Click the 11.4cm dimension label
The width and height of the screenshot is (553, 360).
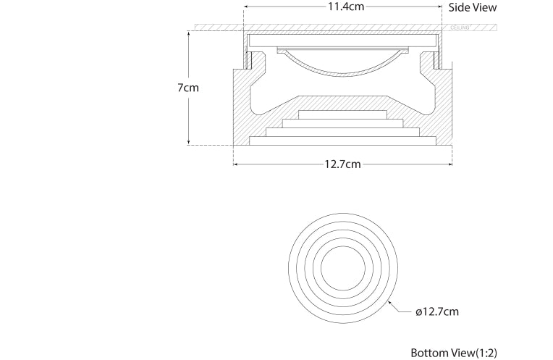[x=343, y=7]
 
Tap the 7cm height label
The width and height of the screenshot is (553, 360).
[x=188, y=88]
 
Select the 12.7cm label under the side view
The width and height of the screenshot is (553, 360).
[x=342, y=164]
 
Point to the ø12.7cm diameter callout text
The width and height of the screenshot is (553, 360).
[x=437, y=312]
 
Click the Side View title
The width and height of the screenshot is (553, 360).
[x=473, y=7]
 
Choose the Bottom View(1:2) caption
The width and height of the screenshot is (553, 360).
[x=455, y=353]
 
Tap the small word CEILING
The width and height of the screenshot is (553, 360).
[x=460, y=28]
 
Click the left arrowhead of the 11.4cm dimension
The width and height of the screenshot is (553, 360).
[x=247, y=7]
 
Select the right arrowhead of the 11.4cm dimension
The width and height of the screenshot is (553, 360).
[x=439, y=7]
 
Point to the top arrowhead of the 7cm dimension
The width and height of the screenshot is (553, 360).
[x=189, y=33]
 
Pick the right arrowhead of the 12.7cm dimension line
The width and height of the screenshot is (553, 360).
[x=450, y=164]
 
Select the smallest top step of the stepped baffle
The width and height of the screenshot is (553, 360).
[x=342, y=114]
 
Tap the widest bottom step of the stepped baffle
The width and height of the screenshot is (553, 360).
[x=342, y=140]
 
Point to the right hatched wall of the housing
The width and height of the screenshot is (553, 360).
[x=444, y=109]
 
